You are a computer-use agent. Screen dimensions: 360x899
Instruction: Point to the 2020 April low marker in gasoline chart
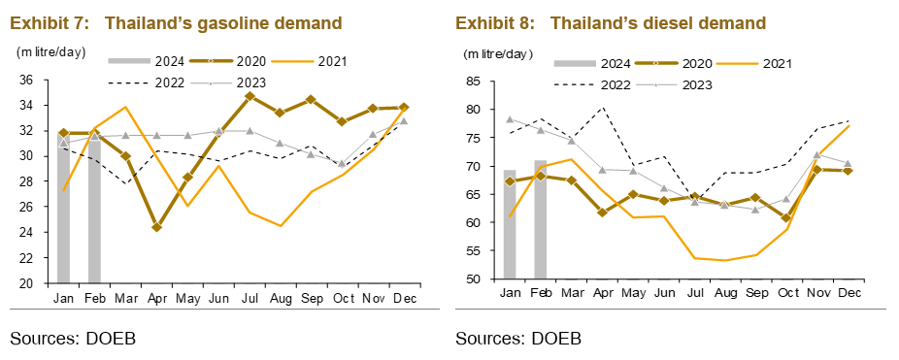pos(157,227)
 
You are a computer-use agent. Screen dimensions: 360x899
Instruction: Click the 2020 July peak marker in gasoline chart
pos(250,96)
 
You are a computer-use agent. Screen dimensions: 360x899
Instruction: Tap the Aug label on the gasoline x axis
pos(281,298)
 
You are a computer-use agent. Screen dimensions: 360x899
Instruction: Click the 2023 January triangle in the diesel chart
pos(510,119)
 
